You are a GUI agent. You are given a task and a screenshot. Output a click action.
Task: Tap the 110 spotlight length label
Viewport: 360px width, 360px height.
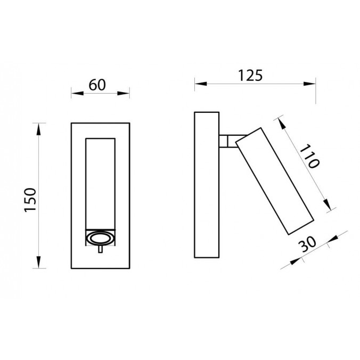[x=308, y=157]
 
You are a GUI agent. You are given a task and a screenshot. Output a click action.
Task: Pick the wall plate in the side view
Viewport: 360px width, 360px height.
[x=207, y=185]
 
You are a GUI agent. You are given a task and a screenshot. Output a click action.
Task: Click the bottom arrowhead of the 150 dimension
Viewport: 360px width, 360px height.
[x=38, y=264]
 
